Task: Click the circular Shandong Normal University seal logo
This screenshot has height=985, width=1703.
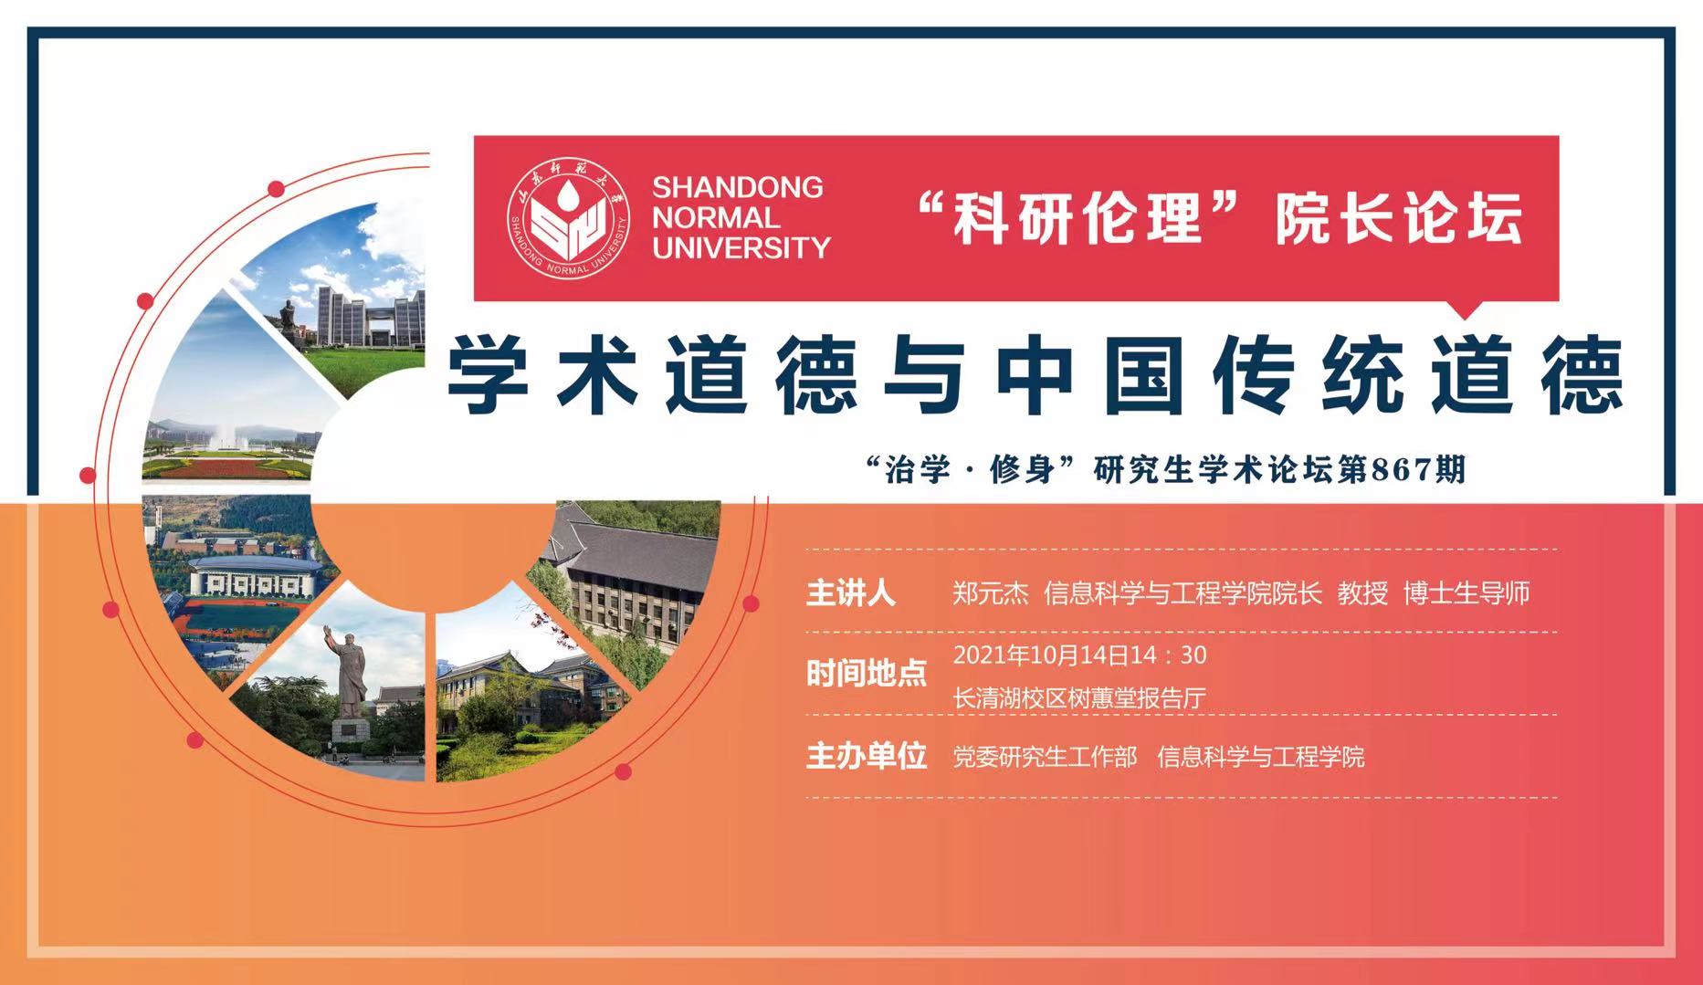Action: [x=568, y=218]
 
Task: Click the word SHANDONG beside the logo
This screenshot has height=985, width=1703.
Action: [x=738, y=187]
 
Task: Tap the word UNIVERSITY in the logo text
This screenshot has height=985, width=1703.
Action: [x=741, y=247]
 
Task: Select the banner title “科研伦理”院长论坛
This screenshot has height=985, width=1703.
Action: [x=1220, y=218]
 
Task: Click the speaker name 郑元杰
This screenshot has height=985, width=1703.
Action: [x=991, y=593]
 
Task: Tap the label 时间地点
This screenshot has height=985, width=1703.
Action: [x=866, y=674]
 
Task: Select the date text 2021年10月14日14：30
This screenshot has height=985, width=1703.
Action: [x=1080, y=655]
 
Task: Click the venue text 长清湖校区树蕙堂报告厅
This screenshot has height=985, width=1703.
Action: [x=1079, y=698]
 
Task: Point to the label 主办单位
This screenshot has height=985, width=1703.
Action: [x=866, y=756]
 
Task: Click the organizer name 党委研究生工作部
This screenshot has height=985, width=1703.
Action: [x=1045, y=757]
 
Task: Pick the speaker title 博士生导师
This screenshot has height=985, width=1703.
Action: [x=1466, y=593]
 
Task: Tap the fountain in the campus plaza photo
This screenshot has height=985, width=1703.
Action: [x=226, y=436]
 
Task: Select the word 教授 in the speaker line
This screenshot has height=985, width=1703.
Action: [x=1362, y=593]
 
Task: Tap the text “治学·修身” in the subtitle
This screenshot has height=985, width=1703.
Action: [x=973, y=470]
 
